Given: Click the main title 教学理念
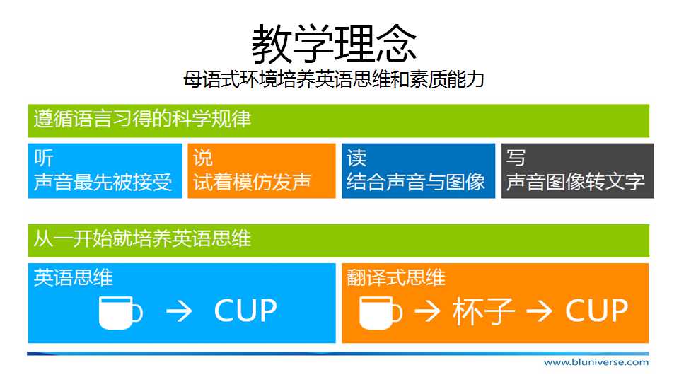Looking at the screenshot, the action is click(x=334, y=44).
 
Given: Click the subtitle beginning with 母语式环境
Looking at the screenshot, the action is click(x=333, y=79).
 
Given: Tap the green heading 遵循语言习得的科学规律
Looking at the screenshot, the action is click(x=142, y=119).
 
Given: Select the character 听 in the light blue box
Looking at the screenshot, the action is click(x=44, y=158).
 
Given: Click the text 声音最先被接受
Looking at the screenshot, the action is click(x=103, y=182).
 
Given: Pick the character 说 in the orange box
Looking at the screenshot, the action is click(x=203, y=158).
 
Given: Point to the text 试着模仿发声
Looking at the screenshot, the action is click(x=252, y=182).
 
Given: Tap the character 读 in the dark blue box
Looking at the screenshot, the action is click(x=356, y=158).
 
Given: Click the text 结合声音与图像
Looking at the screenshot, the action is click(x=416, y=182).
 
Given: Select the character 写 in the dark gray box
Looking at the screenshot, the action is click(x=516, y=158).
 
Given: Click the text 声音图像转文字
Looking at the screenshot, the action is click(x=576, y=182).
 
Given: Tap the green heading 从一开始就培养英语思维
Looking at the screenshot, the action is click(x=142, y=238).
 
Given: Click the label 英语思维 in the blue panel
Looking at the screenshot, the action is click(x=73, y=277).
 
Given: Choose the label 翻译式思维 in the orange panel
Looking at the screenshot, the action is click(x=396, y=277).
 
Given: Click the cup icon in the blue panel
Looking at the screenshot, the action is click(x=120, y=313).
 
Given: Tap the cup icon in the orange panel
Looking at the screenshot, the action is click(x=381, y=313).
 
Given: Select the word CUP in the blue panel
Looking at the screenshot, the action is click(x=245, y=311).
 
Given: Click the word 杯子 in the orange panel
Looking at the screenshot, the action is click(x=484, y=311).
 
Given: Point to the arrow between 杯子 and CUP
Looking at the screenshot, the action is click(x=539, y=311).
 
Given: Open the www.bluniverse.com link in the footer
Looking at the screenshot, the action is click(x=596, y=362).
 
